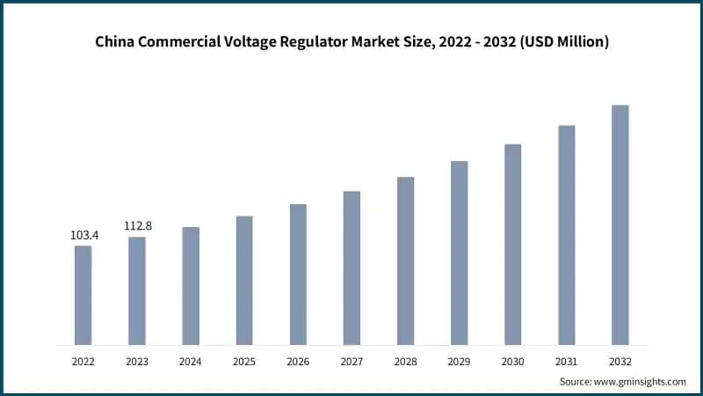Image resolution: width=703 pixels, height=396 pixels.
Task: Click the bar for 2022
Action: point(83,295)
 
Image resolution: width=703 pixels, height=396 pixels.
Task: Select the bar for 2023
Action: point(137,290)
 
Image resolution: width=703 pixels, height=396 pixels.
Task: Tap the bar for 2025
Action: point(244,280)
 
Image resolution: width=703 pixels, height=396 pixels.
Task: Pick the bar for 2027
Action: point(351,268)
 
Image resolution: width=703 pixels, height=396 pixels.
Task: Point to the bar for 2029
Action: point(459,253)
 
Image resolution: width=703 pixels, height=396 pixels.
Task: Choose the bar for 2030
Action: point(512,244)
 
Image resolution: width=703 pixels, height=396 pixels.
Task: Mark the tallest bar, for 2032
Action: point(620,224)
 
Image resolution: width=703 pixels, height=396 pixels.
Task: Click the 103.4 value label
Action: point(83,236)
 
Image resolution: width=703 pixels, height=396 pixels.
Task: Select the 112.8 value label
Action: point(137,226)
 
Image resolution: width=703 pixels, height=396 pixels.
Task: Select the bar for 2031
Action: point(566,235)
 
